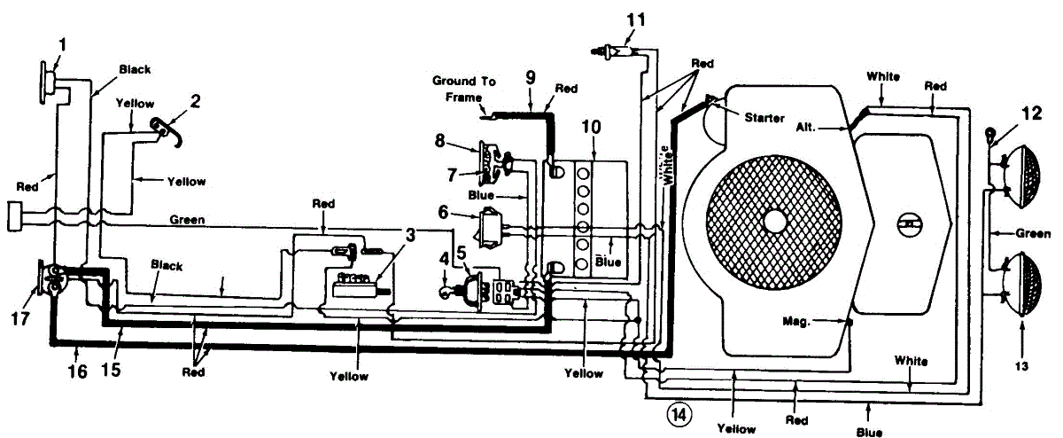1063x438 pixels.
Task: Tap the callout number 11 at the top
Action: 635,17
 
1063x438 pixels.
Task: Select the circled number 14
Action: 678,413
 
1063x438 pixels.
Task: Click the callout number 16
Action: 78,372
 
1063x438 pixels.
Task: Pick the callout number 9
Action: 530,76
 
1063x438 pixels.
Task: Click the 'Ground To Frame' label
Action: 464,88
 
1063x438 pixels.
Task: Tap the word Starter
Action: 764,118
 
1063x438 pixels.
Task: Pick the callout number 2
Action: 195,101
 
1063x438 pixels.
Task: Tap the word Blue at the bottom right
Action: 869,432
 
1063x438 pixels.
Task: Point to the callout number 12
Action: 1031,113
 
